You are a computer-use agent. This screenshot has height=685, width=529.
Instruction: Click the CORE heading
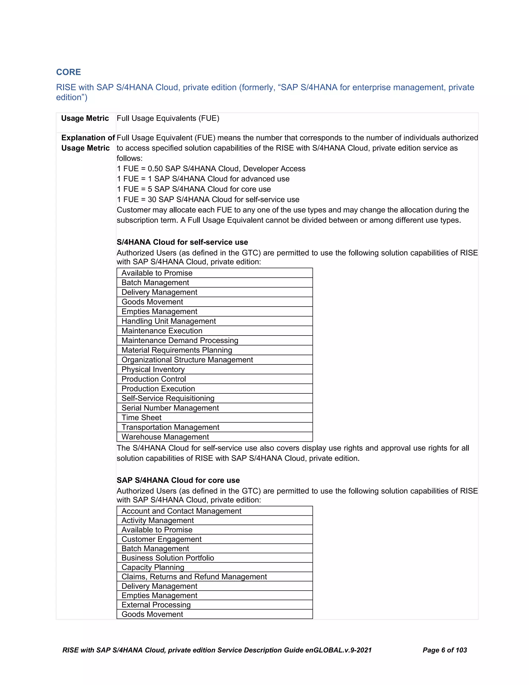[68, 72]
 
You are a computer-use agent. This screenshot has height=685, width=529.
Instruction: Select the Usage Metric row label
[85, 118]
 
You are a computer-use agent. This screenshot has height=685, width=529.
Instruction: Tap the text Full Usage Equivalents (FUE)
[168, 118]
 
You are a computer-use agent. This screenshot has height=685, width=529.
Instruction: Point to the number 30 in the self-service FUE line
[152, 200]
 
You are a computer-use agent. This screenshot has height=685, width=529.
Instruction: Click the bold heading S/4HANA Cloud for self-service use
[182, 242]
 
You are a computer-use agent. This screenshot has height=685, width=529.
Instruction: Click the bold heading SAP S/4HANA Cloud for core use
[178, 480]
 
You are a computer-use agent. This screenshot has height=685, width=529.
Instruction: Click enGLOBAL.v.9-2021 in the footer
[338, 650]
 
